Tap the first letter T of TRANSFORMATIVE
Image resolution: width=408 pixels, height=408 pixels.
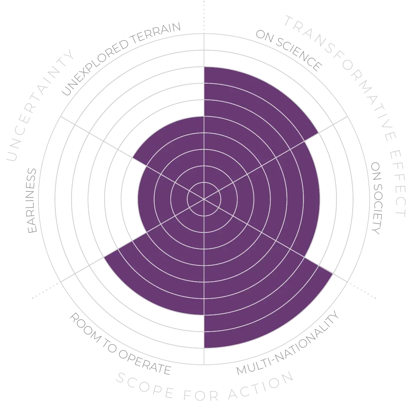pyautogui.click(x=289, y=20)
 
